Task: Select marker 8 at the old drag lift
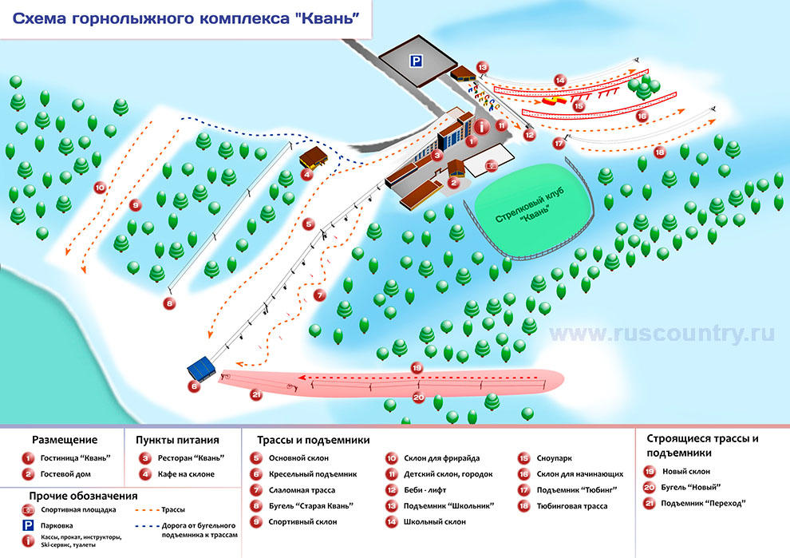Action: click(x=169, y=303)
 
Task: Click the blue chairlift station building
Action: click(x=201, y=368)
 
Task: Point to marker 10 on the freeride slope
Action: click(x=100, y=188)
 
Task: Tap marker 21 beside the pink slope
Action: click(x=256, y=394)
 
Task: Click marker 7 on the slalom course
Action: click(x=320, y=295)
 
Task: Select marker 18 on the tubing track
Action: click(x=659, y=152)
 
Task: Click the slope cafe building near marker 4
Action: click(x=314, y=156)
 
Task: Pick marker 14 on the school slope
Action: click(x=560, y=80)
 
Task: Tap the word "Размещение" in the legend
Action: click(x=65, y=440)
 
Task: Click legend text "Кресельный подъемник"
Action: click(x=304, y=474)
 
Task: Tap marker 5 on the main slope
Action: click(x=308, y=225)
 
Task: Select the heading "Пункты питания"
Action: click(x=177, y=440)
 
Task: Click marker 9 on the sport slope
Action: click(x=135, y=205)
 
